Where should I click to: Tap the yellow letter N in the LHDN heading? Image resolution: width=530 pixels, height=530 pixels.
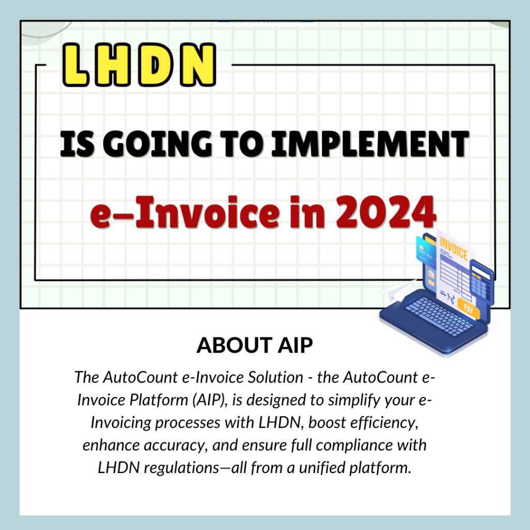click(198, 65)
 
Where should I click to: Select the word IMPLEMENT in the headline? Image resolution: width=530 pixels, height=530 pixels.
click(370, 144)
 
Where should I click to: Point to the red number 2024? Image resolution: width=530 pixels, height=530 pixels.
click(386, 212)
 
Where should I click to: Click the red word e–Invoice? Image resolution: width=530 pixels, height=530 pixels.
click(185, 212)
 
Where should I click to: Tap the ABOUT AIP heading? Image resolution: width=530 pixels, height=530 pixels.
click(255, 345)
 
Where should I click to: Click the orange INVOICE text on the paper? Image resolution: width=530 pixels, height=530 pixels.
click(453, 248)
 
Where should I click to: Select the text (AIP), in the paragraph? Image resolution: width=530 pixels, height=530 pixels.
click(210, 400)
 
